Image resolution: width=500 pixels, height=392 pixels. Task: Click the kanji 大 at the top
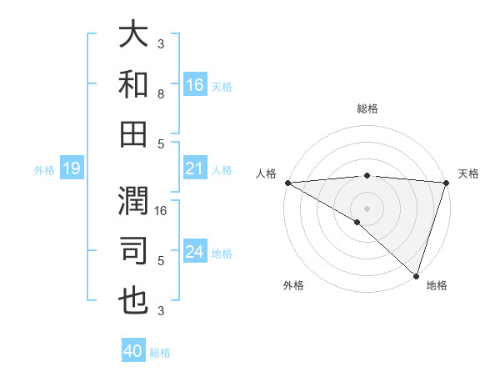tap(133, 35)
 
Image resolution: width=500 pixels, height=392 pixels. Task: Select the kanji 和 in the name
tap(133, 83)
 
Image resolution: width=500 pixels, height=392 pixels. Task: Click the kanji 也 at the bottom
tap(133, 300)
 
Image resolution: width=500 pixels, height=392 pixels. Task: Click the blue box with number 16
tap(195, 84)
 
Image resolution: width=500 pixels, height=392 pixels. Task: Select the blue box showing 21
tap(195, 169)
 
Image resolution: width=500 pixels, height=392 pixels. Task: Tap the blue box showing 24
tap(195, 253)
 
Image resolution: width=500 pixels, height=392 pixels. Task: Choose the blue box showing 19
tap(72, 169)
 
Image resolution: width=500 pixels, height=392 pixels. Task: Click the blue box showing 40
tap(133, 351)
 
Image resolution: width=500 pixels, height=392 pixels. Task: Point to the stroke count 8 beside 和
tap(161, 94)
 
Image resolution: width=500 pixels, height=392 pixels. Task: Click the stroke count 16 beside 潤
tap(162, 210)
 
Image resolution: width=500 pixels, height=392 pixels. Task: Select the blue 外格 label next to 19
tap(44, 170)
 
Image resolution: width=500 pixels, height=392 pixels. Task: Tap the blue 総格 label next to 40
tap(160, 353)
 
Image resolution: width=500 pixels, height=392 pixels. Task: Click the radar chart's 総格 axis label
tap(367, 108)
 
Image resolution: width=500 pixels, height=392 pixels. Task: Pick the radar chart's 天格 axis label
tap(469, 173)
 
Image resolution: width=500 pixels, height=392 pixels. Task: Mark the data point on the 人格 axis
tap(287, 183)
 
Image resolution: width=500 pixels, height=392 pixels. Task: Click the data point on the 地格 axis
tap(416, 275)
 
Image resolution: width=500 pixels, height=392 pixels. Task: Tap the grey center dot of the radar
tap(367, 208)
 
